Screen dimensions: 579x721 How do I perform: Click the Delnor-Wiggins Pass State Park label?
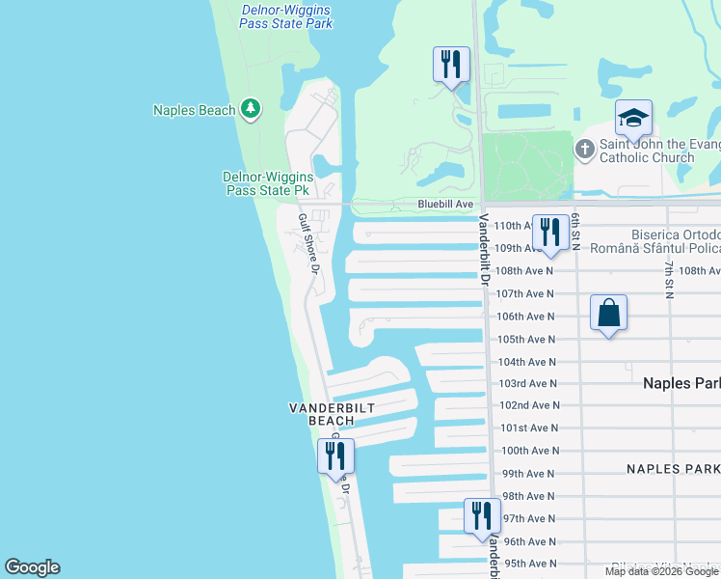[x=286, y=15]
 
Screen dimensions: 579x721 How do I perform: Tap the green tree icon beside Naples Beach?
[x=251, y=109]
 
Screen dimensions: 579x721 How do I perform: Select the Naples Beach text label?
[x=195, y=110]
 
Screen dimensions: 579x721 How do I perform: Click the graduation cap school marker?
[x=633, y=118]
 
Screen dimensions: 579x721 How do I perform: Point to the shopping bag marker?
[x=608, y=313]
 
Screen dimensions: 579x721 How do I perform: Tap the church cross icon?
[x=584, y=150]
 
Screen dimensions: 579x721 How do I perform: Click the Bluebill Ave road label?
[x=445, y=205]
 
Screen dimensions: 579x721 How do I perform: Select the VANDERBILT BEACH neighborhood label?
[x=332, y=414]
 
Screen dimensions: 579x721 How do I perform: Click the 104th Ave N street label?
[x=525, y=362]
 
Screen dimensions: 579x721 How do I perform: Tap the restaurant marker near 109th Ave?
[x=549, y=233]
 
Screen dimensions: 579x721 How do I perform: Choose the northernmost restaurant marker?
[x=451, y=65]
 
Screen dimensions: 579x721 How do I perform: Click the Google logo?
[x=32, y=567]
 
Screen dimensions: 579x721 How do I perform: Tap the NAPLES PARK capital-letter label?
[x=673, y=469]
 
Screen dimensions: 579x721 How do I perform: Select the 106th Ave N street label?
[x=525, y=317]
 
